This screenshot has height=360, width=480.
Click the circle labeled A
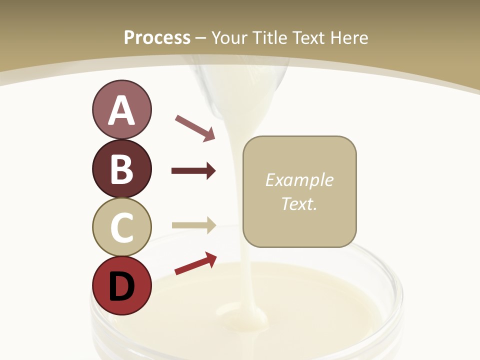(x=121, y=109)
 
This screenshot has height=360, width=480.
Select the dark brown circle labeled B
(x=121, y=168)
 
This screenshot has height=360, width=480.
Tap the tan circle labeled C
(x=121, y=227)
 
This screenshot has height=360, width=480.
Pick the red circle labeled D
(x=121, y=285)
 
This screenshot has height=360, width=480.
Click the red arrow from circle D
(x=195, y=263)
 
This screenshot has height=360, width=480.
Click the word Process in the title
(x=157, y=37)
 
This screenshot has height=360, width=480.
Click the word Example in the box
(x=299, y=180)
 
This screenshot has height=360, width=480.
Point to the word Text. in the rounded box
(x=299, y=203)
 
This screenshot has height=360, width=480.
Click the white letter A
(x=121, y=110)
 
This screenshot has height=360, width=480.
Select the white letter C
(x=121, y=227)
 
